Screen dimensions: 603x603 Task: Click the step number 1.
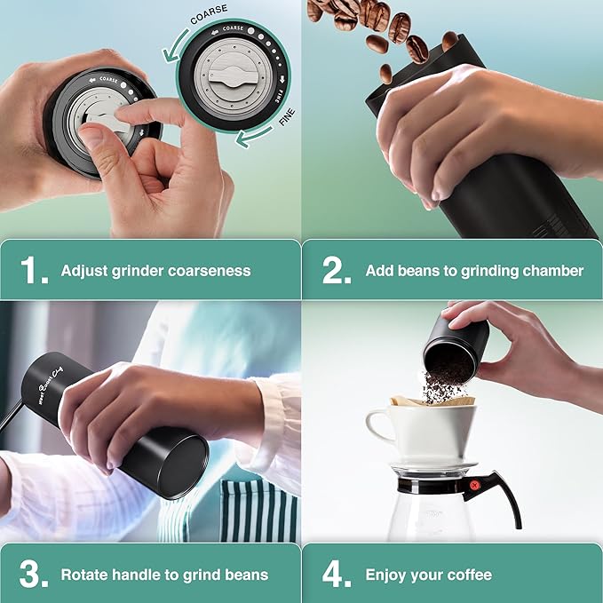coord(33,271)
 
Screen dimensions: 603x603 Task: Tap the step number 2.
coord(337,271)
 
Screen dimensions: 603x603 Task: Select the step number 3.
coord(33,575)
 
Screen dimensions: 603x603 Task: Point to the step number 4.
coord(337,575)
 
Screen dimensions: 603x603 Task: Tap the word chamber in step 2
coord(551,270)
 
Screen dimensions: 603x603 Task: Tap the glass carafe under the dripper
coord(435,515)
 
